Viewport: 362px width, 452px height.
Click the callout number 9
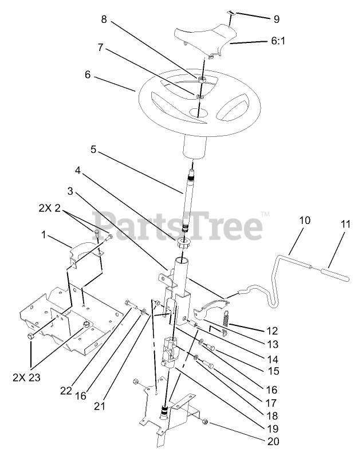pos(276,19)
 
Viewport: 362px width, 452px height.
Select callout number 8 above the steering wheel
pos(104,19)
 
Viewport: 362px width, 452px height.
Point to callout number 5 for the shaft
pos(93,151)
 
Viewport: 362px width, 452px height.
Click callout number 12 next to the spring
pos(271,331)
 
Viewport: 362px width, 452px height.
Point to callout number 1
pos(44,234)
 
